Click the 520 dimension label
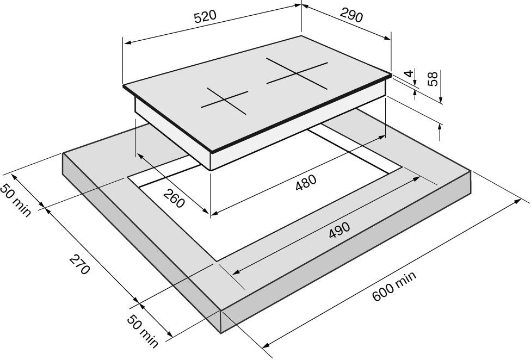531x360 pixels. pos(205,17)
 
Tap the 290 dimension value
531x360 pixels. pos(351,15)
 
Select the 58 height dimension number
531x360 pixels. pos(433,78)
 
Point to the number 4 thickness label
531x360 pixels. pos(410,73)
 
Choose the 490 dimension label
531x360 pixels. pos(339,230)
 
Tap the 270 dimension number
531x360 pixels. pos(80,265)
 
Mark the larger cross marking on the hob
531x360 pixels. pos(297,73)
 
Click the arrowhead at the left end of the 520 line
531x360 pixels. pos(127,43)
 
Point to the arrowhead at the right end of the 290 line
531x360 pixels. pos(387,38)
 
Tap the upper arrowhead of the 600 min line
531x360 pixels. pos(517,201)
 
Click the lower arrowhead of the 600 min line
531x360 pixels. pos(266,345)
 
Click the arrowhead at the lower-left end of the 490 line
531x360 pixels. pos(236,272)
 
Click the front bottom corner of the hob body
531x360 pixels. pos(211,170)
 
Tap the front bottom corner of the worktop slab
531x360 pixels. pos(221,333)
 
